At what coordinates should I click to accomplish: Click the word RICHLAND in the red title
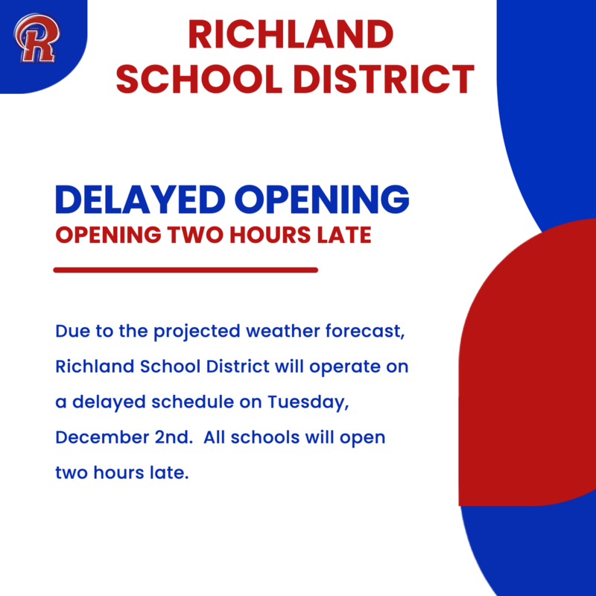(x=290, y=36)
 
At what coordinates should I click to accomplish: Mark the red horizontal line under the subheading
(x=186, y=270)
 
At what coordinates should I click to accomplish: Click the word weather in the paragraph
(x=289, y=332)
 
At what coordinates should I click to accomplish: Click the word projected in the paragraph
(x=199, y=332)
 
